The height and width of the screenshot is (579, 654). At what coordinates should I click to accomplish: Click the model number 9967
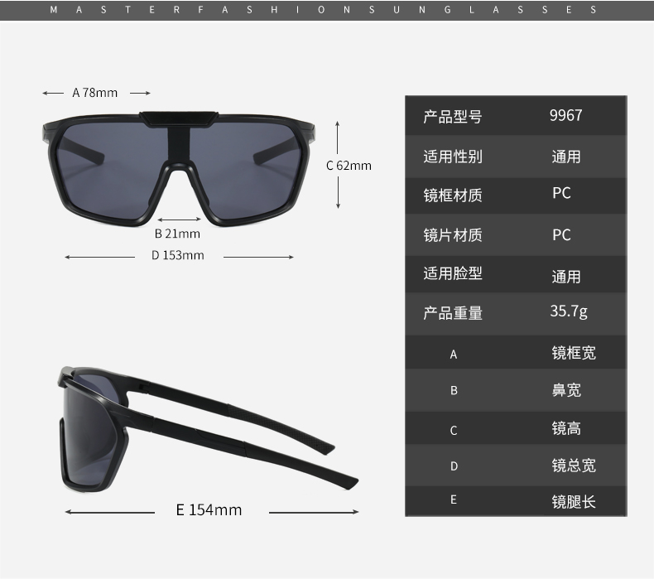point(565,115)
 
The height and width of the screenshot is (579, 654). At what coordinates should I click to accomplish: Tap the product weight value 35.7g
point(569,311)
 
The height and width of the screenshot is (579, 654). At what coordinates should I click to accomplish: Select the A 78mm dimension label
point(95,93)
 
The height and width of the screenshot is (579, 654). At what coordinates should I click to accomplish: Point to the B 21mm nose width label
point(177,234)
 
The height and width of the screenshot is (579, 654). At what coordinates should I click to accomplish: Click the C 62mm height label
point(349,166)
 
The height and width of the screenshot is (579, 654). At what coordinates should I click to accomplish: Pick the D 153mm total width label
point(178,255)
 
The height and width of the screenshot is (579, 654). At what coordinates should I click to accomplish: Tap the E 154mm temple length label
point(209,509)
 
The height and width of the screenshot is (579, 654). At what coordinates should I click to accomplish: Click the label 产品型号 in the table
point(453,117)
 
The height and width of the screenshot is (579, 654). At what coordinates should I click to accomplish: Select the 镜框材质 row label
point(453,195)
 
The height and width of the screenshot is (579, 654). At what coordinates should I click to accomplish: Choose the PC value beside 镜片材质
point(561,234)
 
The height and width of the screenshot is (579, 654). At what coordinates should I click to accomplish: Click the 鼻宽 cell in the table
point(566,390)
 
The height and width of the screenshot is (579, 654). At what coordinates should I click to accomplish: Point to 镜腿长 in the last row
point(574,501)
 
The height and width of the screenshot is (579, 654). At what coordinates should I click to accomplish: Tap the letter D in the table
point(454,466)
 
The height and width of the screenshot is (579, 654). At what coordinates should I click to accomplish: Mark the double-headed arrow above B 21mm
point(179,220)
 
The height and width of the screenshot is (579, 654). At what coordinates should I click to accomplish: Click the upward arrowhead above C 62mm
point(338,124)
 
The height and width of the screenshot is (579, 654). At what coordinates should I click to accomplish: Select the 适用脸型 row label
point(453,273)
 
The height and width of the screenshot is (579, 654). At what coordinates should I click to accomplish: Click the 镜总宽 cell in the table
point(574,466)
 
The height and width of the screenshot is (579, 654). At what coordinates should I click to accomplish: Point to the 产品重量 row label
point(453,312)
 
